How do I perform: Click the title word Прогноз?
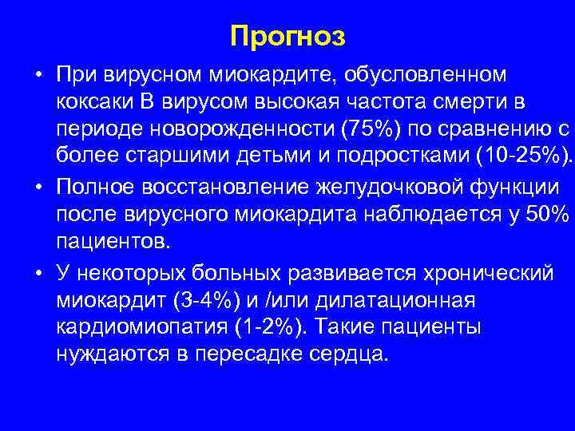click(x=287, y=37)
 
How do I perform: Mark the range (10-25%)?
click(x=517, y=156)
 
